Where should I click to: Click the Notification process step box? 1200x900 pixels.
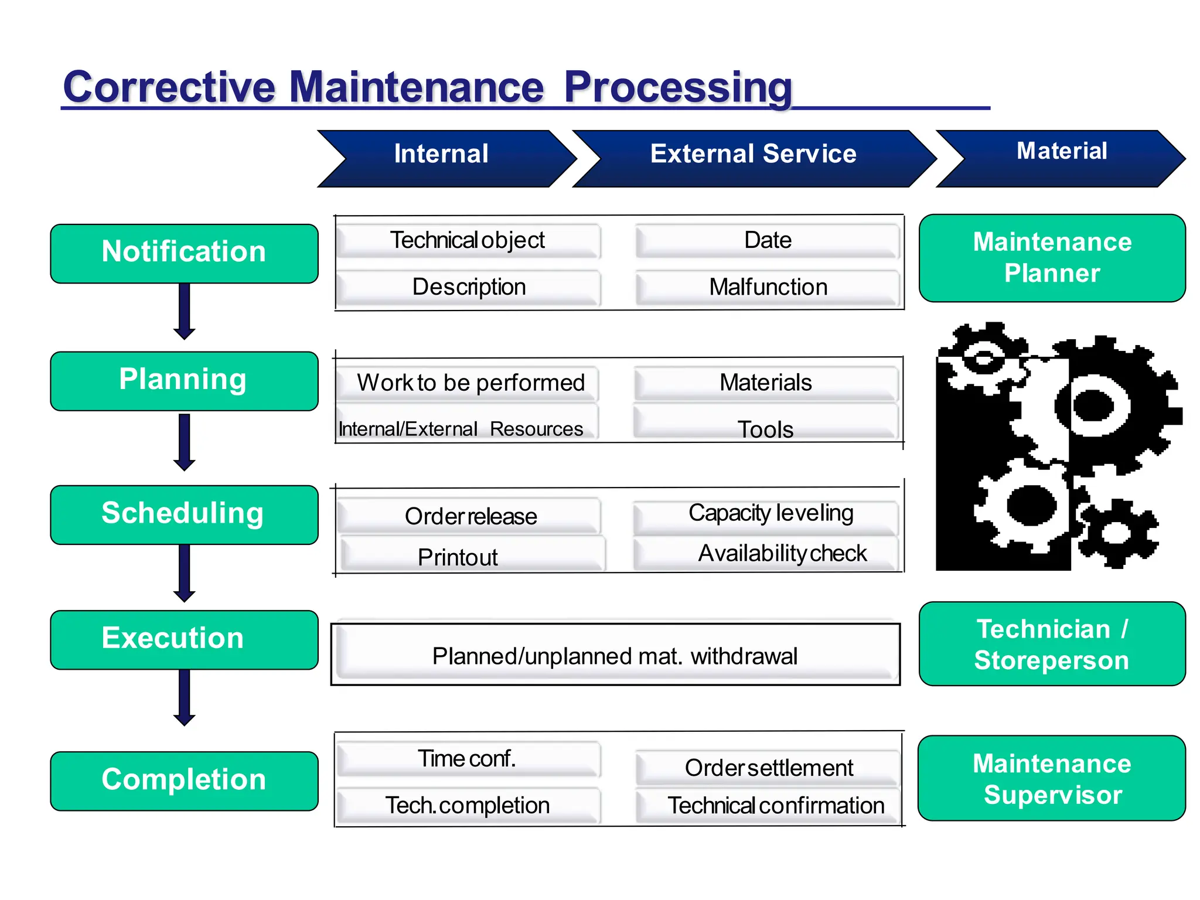coord(184,253)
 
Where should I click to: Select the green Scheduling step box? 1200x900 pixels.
coord(184,514)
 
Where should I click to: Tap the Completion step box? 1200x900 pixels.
coord(184,780)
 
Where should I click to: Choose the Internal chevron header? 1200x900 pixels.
coord(442,158)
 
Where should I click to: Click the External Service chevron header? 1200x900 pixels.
coord(753,158)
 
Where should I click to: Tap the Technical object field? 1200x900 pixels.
coord(468,240)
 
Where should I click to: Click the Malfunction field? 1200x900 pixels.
coord(768,287)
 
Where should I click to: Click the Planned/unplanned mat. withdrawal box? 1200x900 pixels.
coord(615,654)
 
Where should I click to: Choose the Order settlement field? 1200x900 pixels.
coord(768,768)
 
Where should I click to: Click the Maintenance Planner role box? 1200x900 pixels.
coord(1052,258)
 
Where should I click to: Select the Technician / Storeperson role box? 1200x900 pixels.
coord(1052,643)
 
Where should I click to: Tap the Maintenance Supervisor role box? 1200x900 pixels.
coord(1052,778)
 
